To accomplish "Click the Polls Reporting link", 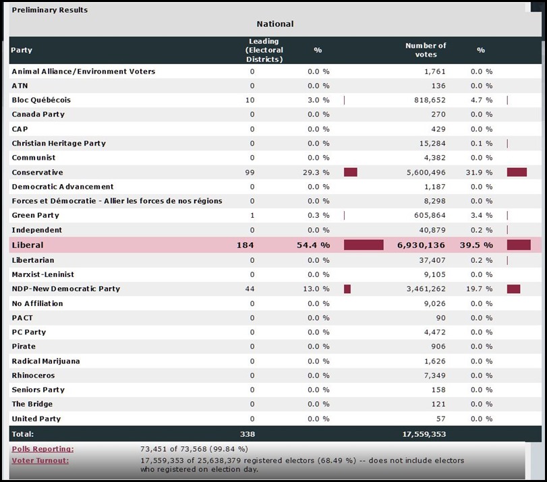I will click(x=42, y=449).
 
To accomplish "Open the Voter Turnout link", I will click(x=40, y=460).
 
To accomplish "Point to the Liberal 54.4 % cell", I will click(x=313, y=245).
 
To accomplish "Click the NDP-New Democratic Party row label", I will click(x=65, y=289).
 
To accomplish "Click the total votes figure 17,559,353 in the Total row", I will click(x=418, y=434).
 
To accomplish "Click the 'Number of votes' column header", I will click(x=426, y=50).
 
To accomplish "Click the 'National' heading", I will click(x=275, y=24).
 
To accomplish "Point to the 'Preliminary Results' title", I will click(x=49, y=10).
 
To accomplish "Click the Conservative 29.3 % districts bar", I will click(x=350, y=173).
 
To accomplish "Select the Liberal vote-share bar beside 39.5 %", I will click(x=519, y=245).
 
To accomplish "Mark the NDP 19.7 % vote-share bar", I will click(x=513, y=289).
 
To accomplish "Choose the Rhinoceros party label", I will click(x=33, y=375).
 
